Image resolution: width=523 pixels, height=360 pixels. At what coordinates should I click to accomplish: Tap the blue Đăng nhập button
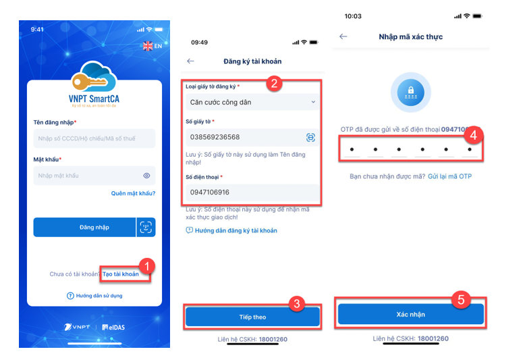tap(84, 227)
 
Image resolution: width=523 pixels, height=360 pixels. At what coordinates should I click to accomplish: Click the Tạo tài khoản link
tap(121, 274)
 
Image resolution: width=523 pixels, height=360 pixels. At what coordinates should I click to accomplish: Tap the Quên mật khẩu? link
tap(133, 193)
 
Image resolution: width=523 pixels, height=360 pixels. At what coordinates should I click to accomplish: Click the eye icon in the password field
tap(146, 176)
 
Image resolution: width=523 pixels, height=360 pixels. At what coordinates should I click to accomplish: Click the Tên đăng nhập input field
tap(94, 138)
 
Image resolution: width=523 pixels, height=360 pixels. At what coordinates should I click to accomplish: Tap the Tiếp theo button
tap(252, 317)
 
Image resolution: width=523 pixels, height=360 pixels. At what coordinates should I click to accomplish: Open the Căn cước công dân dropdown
tap(252, 102)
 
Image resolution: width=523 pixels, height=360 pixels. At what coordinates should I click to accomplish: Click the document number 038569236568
tap(220, 137)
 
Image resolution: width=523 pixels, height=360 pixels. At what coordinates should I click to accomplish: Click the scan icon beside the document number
tap(310, 137)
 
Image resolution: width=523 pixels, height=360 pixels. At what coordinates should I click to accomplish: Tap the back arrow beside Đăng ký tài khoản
tap(190, 61)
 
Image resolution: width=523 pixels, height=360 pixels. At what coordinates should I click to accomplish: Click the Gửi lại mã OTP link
tap(449, 176)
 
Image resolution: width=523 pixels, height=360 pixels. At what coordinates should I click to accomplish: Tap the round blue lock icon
tap(410, 93)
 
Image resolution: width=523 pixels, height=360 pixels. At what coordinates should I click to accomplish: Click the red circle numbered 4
tap(474, 135)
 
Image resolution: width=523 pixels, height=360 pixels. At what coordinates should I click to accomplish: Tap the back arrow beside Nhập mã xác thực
tap(343, 36)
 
